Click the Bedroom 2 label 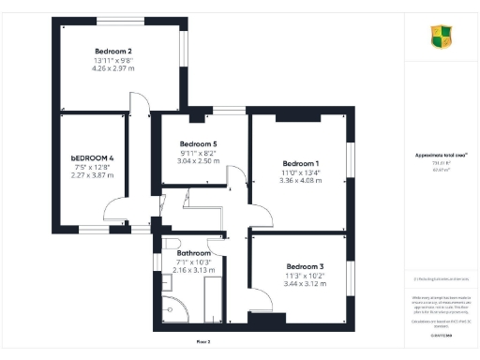point(112,51)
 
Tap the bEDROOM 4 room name point(91,157)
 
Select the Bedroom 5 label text point(199,143)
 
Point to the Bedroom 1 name point(301,163)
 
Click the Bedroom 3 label point(304,265)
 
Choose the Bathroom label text point(194,252)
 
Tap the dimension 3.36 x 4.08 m point(301,181)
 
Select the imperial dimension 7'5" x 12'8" point(91,166)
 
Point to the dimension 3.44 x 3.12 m point(304,283)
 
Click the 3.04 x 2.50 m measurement point(199,161)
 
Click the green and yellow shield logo point(440,37)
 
